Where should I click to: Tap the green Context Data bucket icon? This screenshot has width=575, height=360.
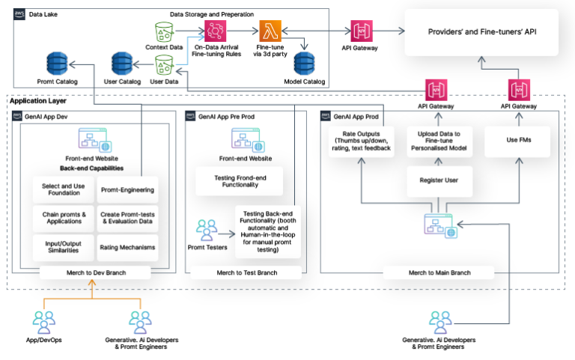165,31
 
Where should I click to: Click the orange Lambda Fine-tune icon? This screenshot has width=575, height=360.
270,31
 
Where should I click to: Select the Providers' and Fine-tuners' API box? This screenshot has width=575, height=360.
481,32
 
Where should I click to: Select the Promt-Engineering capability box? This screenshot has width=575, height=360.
127,190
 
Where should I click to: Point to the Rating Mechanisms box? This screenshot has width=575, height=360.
127,248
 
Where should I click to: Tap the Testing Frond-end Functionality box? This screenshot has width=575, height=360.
239,180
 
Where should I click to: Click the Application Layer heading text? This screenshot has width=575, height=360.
38,101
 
